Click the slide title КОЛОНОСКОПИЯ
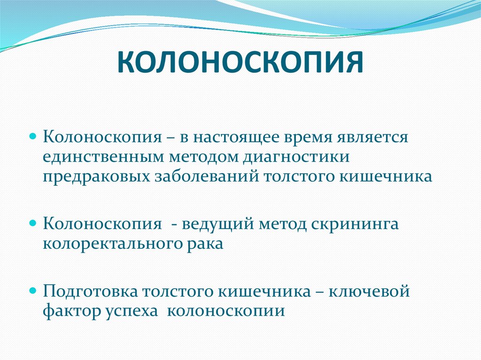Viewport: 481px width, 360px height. click(x=240, y=63)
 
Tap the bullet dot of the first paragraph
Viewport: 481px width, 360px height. click(x=33, y=137)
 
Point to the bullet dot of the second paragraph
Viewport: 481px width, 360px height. click(x=33, y=223)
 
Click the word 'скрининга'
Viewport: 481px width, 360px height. click(x=355, y=224)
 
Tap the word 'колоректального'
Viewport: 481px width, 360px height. click(x=112, y=244)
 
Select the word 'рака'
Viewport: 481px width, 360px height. click(x=205, y=244)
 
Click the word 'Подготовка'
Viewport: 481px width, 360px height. click(x=90, y=292)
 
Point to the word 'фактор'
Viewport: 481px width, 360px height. click(x=70, y=311)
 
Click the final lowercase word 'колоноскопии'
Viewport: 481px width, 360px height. click(x=226, y=311)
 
